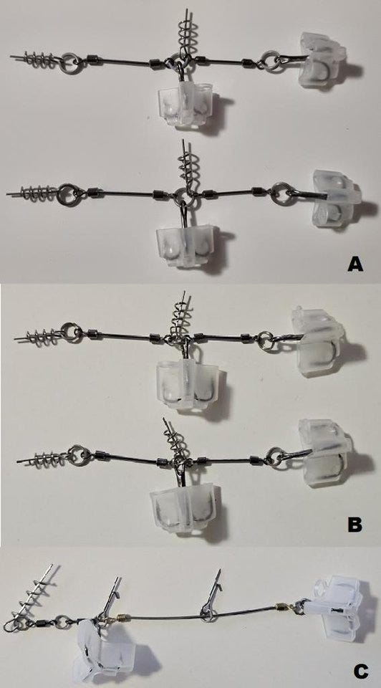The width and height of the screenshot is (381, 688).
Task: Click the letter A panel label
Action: (355, 264)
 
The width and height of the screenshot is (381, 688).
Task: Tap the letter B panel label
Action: (355, 525)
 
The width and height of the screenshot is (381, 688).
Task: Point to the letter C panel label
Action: (360, 671)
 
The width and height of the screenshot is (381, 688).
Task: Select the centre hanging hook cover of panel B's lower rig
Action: (183, 509)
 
